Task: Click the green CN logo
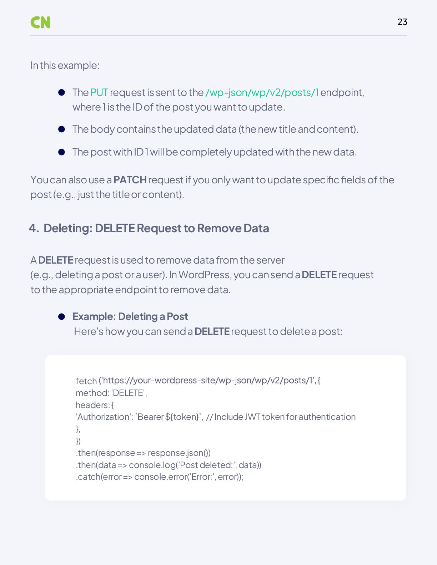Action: (x=40, y=22)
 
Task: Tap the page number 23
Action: (x=402, y=22)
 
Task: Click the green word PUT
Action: (x=99, y=92)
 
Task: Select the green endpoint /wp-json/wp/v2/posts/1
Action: (x=262, y=92)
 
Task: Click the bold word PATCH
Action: (x=130, y=180)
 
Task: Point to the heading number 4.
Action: (x=34, y=228)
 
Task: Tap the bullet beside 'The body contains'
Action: (x=61, y=129)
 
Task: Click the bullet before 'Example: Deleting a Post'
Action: (x=61, y=317)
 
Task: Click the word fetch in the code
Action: (x=86, y=381)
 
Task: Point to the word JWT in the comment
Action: (x=252, y=417)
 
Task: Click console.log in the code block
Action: (x=152, y=465)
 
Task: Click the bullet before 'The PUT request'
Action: (x=61, y=92)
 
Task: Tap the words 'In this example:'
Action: (x=65, y=66)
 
